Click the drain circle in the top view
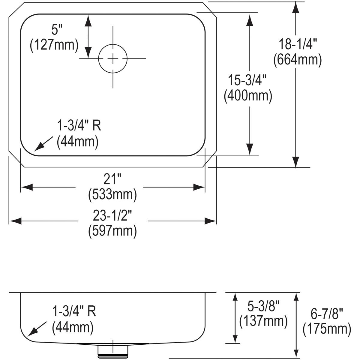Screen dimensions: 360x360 click(113, 59)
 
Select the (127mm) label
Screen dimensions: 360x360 click(54, 45)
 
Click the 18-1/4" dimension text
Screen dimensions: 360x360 click(298, 44)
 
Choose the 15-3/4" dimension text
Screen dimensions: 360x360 click(247, 80)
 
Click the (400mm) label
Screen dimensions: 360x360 click(248, 96)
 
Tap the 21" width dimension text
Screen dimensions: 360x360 click(112, 179)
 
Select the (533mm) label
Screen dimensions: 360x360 click(112, 195)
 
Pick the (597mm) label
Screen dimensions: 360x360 click(112, 231)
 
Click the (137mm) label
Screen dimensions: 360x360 click(263, 321)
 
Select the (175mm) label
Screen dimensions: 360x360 click(327, 329)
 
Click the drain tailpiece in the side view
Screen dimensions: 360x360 click(113, 351)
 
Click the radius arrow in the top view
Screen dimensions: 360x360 click(43, 144)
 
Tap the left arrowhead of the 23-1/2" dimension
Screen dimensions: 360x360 click(15, 221)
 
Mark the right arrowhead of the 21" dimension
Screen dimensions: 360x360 click(199, 187)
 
